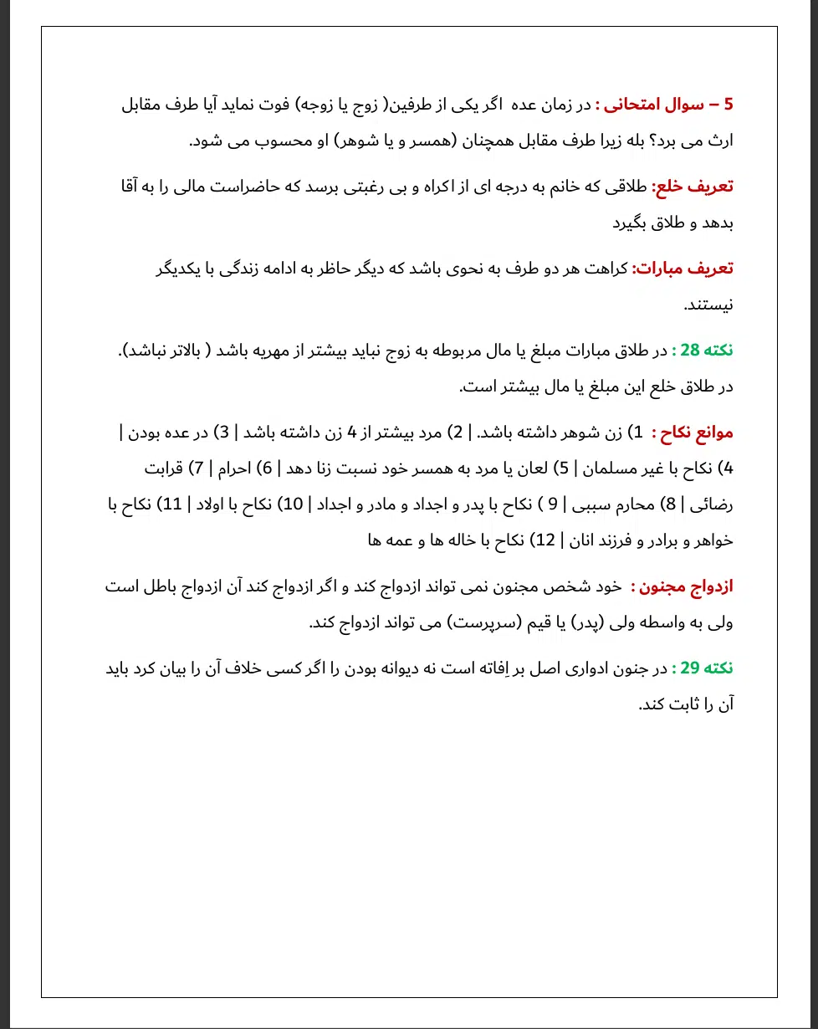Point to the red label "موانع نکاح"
pos(696,433)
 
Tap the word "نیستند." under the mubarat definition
pos(708,305)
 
